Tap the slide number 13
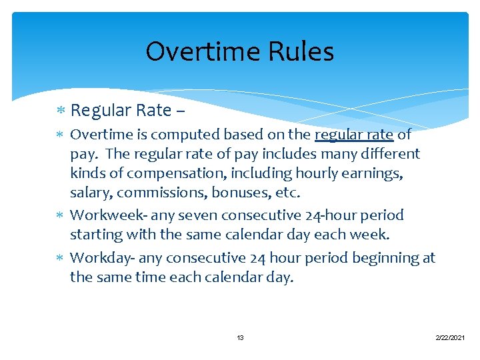(x=240, y=338)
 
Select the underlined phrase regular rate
(x=354, y=135)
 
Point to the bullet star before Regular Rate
(x=61, y=109)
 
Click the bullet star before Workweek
(x=61, y=215)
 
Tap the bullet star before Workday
(x=61, y=258)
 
